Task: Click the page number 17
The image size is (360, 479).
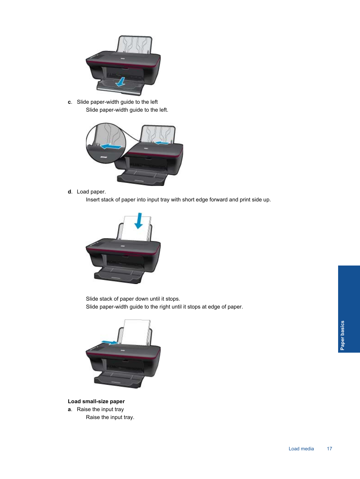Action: [329, 448]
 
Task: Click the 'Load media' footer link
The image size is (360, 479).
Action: [301, 448]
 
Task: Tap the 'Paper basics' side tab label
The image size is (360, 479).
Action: [342, 335]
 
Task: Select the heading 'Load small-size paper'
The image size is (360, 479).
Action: [96, 401]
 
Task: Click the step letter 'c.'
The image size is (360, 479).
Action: [70, 102]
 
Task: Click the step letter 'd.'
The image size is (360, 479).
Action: [70, 192]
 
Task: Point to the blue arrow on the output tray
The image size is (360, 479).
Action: [121, 82]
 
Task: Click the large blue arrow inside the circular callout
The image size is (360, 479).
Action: [111, 146]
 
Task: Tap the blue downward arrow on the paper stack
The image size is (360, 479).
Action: [139, 221]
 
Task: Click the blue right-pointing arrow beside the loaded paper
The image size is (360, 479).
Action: [110, 342]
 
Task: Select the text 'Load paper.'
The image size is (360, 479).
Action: [91, 192]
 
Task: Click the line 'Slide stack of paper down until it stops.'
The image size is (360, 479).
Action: [133, 299]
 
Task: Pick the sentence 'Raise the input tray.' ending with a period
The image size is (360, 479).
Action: [110, 417]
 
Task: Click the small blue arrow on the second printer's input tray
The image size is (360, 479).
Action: [162, 143]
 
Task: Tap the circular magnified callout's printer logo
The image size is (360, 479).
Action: [103, 157]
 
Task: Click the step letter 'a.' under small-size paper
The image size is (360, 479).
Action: [70, 409]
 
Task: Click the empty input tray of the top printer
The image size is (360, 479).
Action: [135, 45]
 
